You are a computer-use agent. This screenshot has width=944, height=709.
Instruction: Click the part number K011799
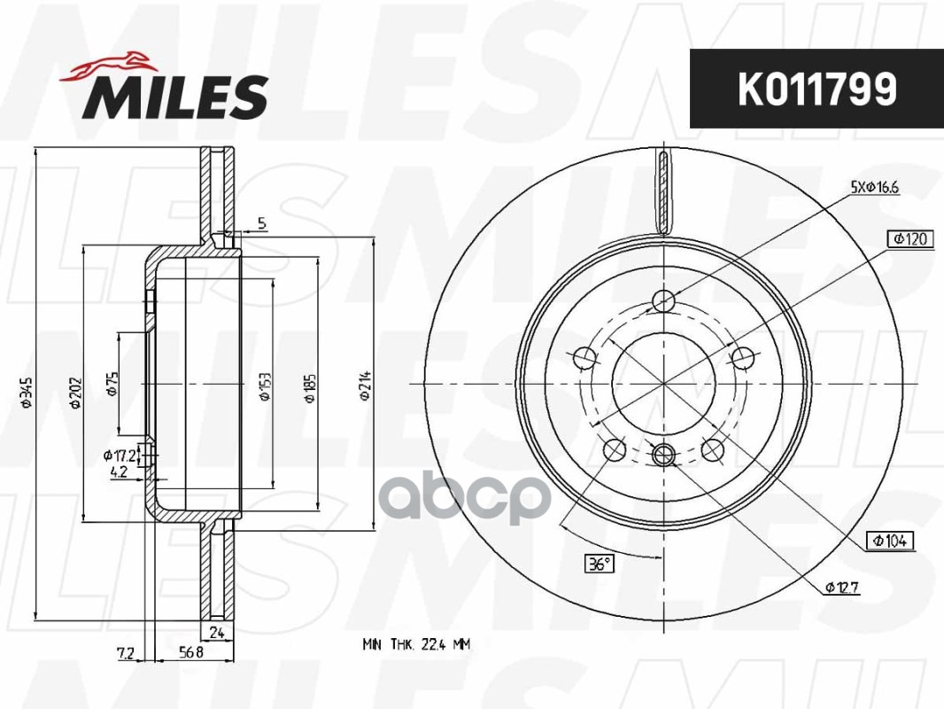[x=816, y=89]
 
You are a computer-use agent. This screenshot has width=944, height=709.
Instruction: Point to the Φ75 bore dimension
[x=112, y=383]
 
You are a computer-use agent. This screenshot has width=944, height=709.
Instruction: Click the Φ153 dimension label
[x=264, y=386]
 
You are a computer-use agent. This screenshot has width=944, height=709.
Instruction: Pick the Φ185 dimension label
[x=310, y=386]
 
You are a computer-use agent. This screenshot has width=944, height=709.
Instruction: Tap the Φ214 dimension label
[x=364, y=386]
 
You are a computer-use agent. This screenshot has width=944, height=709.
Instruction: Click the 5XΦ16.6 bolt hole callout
[x=875, y=187]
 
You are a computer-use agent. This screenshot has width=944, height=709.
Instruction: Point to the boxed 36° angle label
[x=600, y=563]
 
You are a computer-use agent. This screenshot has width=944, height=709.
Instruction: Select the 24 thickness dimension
[x=216, y=632]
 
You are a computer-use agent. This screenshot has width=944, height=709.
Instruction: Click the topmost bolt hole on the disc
[x=663, y=302]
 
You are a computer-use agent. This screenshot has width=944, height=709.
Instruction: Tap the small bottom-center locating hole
[x=663, y=456]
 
